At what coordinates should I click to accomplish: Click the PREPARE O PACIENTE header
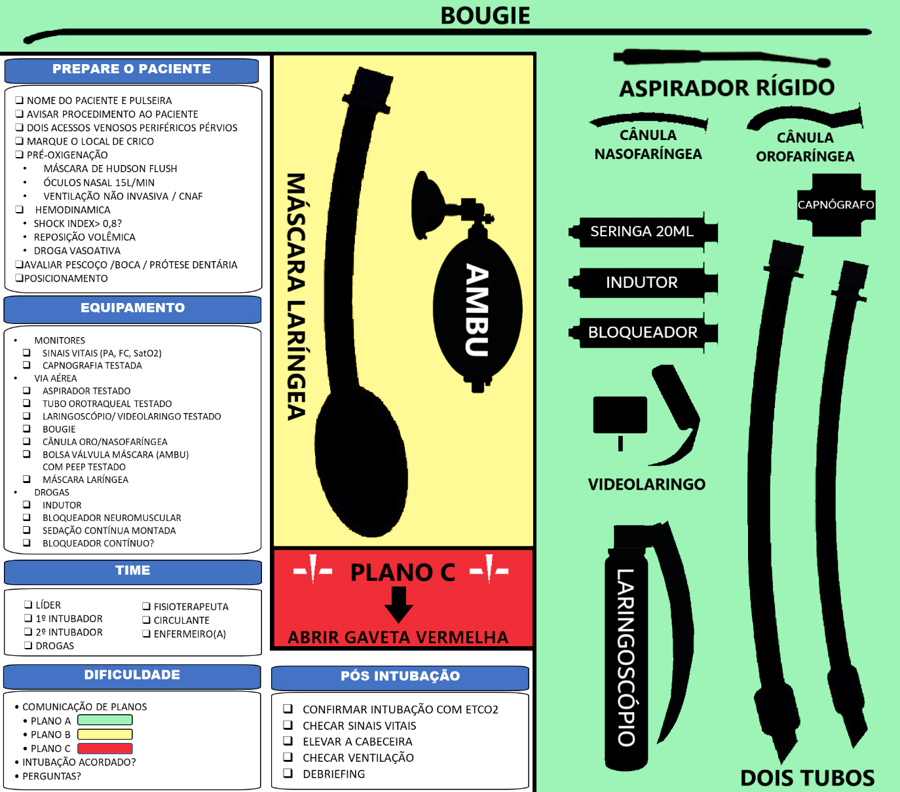(132, 69)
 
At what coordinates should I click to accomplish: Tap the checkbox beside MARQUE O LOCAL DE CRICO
(19, 141)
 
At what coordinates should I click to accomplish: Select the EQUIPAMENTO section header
(132, 308)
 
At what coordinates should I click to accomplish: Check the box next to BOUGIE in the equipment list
(27, 429)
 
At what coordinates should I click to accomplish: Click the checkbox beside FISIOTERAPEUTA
(146, 607)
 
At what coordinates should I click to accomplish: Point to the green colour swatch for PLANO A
(105, 720)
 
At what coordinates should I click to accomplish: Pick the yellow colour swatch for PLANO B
(105, 734)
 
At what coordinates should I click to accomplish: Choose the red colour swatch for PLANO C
(105, 748)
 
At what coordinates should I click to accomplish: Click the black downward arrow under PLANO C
(398, 603)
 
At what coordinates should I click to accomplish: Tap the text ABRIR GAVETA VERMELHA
(398, 637)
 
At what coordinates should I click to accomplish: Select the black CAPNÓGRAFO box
(836, 205)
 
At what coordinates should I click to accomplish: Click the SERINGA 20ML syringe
(643, 232)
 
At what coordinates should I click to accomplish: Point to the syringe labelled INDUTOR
(643, 283)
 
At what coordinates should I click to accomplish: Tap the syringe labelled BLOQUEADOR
(643, 333)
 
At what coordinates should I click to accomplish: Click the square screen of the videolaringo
(620, 415)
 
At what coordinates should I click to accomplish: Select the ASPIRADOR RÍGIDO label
(727, 88)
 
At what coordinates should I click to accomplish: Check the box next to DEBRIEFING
(288, 774)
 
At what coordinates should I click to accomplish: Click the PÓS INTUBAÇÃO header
(400, 676)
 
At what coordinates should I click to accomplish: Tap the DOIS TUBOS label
(807, 778)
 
